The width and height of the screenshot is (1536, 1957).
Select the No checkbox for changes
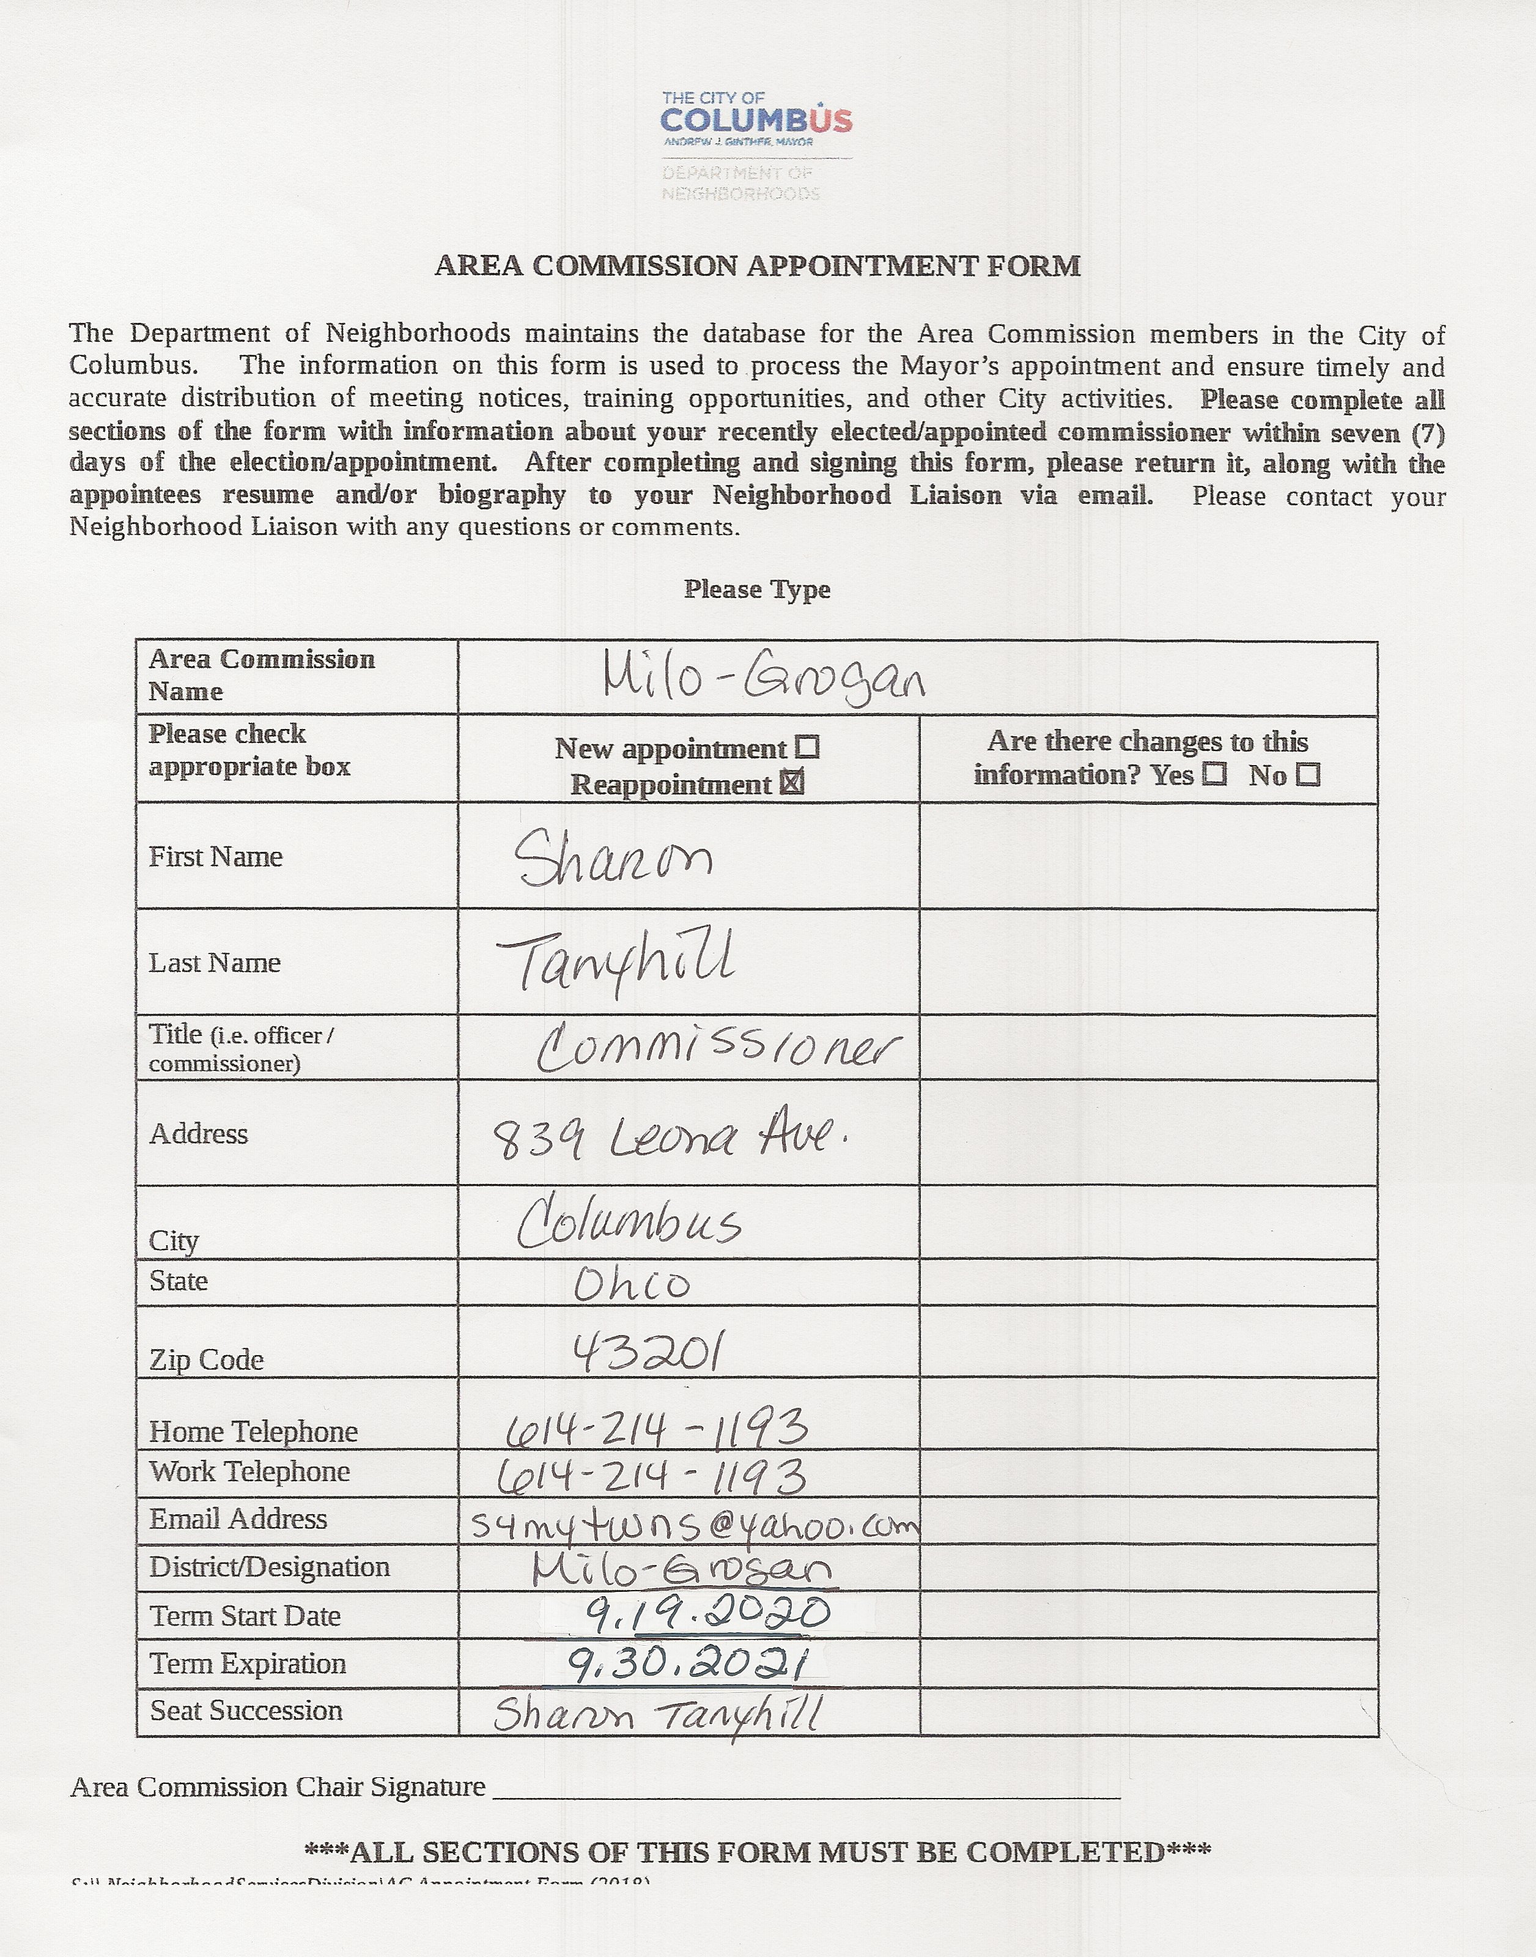click(x=1309, y=774)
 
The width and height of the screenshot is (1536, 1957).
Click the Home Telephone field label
click(x=254, y=1431)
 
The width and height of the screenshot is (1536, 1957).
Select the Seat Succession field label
click(x=246, y=1710)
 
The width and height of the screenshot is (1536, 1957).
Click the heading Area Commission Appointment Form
click(x=757, y=266)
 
